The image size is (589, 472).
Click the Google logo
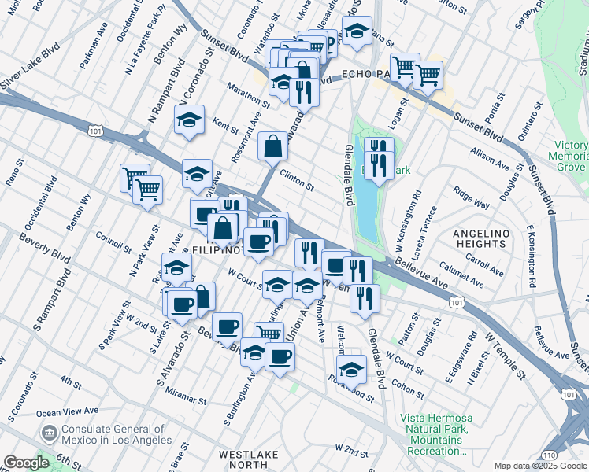point(27,463)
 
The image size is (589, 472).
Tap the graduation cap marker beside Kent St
point(189,120)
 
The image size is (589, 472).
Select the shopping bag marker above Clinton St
point(272,146)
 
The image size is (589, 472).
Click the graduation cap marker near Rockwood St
point(351,369)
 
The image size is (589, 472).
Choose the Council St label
point(113,238)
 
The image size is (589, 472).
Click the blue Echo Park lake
point(367,205)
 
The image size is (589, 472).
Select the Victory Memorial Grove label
point(569,156)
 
